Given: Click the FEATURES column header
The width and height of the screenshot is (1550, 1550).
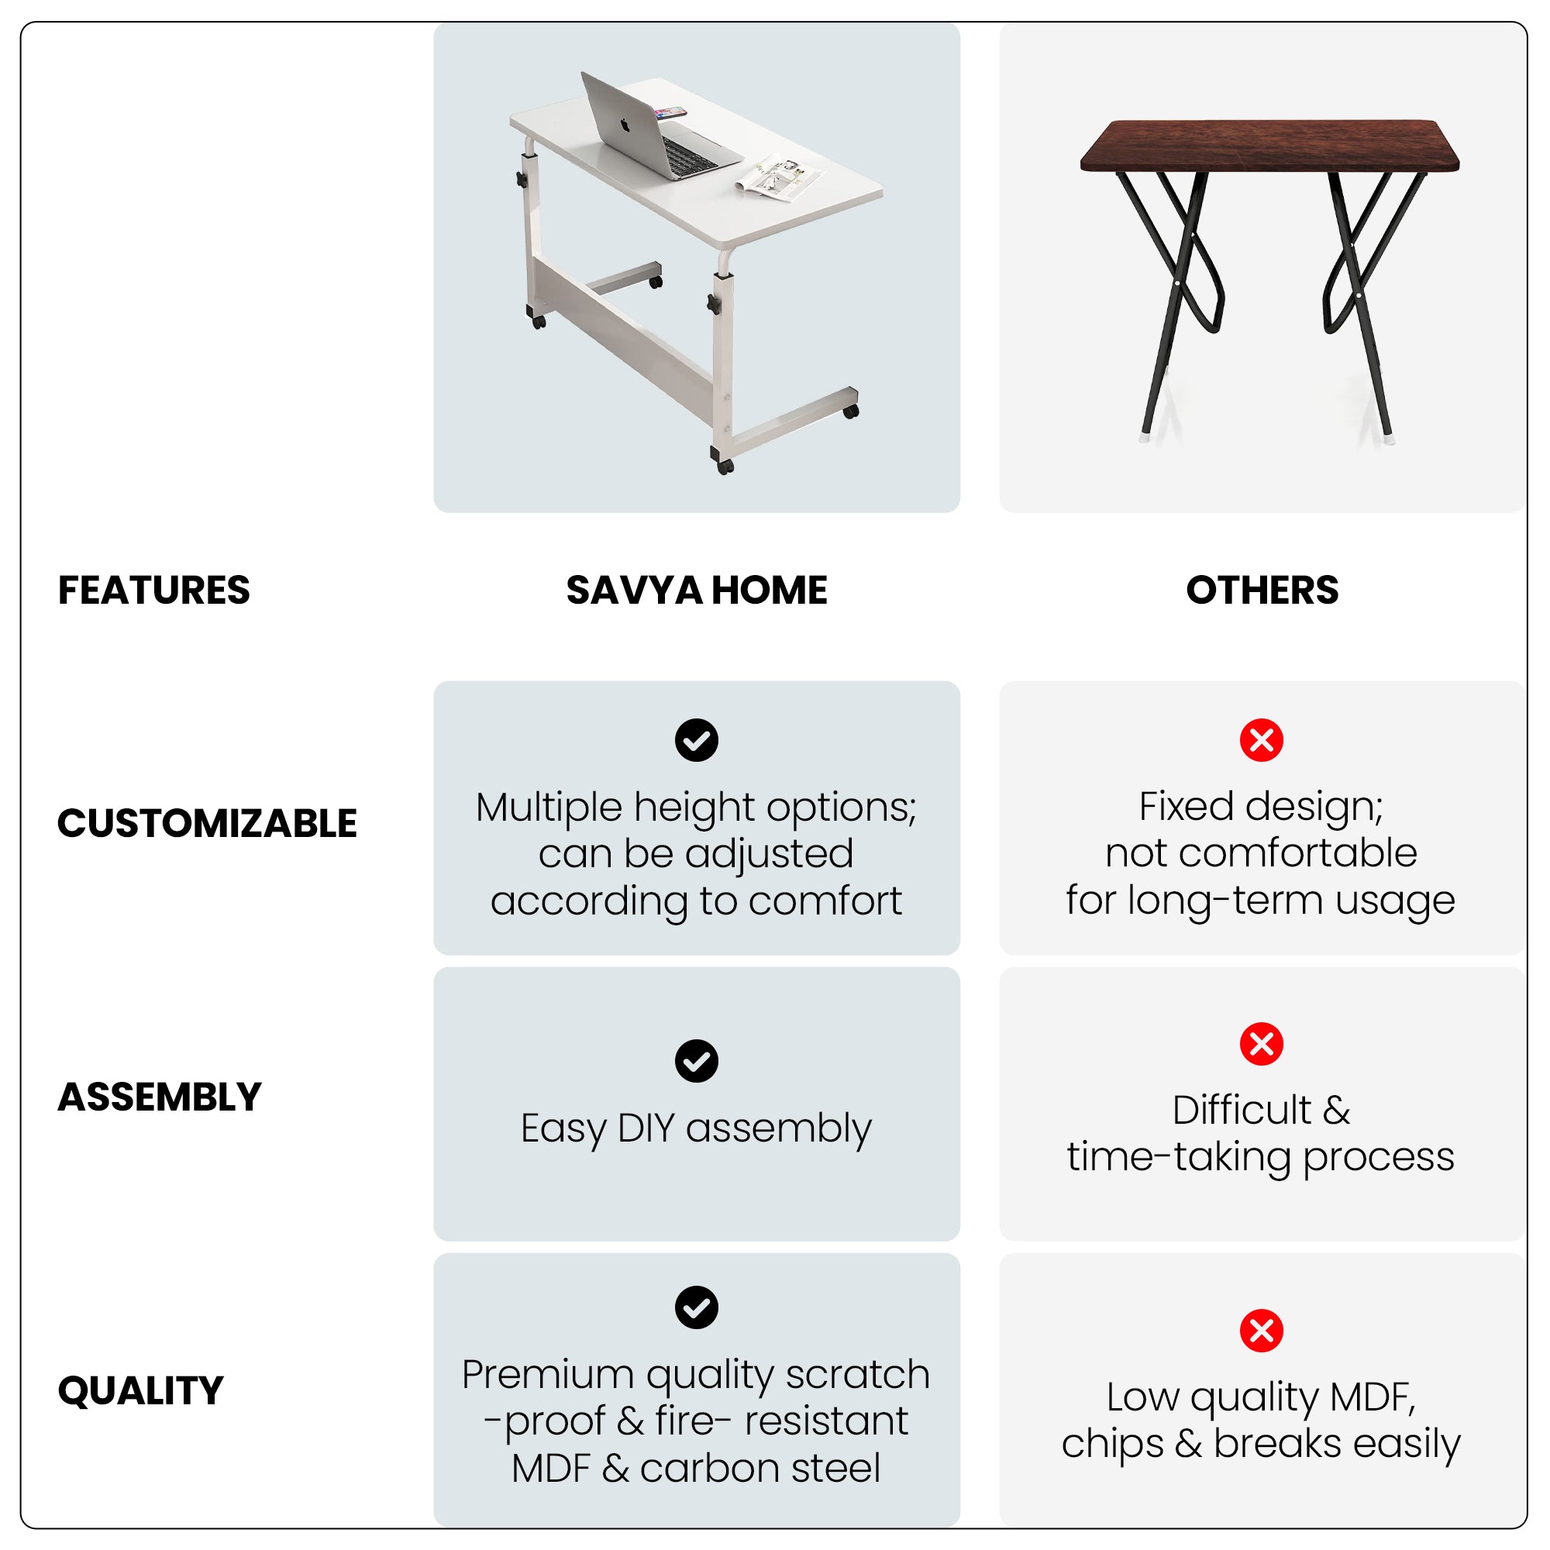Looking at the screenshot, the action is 154,591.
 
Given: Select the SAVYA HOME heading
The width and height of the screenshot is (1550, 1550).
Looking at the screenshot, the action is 697,591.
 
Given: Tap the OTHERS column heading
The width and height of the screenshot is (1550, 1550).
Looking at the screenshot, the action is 1262,591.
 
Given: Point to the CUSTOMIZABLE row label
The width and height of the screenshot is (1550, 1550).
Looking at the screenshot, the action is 207,823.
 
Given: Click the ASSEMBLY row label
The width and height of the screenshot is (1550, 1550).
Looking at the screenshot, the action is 160,1097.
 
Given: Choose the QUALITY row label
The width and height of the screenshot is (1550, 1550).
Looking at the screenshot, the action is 140,1390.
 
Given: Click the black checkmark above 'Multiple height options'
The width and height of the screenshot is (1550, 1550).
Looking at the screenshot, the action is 697,739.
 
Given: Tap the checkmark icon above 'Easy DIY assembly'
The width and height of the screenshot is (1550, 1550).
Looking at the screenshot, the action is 697,1061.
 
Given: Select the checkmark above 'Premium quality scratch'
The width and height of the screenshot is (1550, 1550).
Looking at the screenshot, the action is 697,1307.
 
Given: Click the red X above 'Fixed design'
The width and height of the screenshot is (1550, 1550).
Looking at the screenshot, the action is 1261,739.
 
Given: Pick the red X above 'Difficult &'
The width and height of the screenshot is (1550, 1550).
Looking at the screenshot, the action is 1261,1044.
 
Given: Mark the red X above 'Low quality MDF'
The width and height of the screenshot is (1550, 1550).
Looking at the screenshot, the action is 1261,1331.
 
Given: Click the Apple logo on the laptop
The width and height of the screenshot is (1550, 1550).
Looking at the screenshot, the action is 624,126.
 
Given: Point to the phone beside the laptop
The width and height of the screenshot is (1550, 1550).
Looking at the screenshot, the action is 670,112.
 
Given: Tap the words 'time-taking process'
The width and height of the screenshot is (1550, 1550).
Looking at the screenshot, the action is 1260,1157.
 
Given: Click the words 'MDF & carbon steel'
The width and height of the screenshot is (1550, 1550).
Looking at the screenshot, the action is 697,1468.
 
